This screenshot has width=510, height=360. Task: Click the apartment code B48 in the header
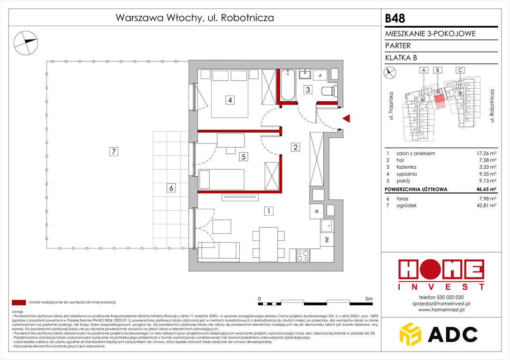tap(396, 18)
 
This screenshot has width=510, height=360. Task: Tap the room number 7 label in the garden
tap(113, 151)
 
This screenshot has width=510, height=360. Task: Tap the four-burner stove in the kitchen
tap(303, 256)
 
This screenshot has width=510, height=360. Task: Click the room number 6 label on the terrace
tap(172, 188)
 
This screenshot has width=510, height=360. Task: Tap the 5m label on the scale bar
tap(369, 299)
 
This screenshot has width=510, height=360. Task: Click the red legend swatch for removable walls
tap(19, 303)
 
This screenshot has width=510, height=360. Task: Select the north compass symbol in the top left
tap(26, 41)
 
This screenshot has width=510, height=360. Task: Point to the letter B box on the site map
tap(437, 70)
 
